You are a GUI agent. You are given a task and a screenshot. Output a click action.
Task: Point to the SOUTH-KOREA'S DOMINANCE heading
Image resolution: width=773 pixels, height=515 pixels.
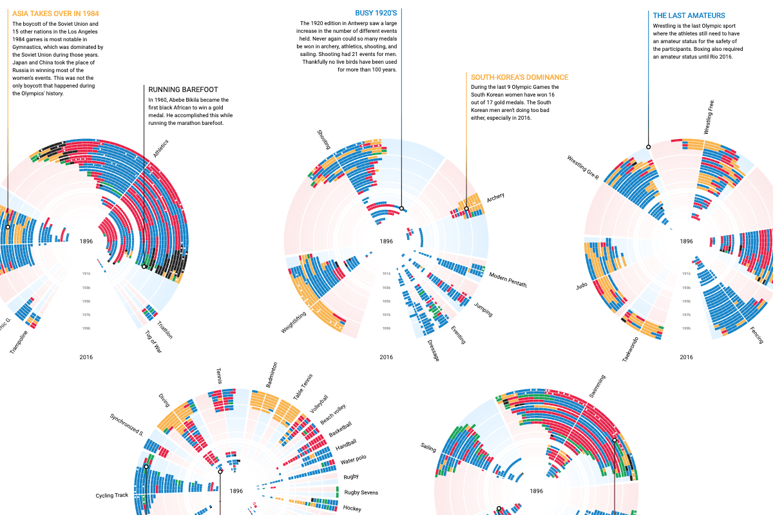click(519, 77)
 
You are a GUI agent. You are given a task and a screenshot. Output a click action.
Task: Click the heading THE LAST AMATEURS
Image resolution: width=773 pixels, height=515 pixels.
click(689, 15)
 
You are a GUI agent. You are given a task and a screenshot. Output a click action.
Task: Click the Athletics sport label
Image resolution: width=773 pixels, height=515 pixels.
click(161, 149)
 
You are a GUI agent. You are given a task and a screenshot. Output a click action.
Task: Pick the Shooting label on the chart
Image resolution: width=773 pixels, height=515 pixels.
click(324, 139)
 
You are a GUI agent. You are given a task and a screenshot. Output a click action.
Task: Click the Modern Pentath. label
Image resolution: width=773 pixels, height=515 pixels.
click(508, 279)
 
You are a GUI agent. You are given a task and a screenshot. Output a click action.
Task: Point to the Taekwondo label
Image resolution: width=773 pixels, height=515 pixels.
click(631, 348)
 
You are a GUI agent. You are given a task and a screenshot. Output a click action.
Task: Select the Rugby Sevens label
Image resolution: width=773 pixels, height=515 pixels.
click(361, 492)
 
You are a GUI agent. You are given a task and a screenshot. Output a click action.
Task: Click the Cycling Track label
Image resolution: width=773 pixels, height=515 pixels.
click(113, 496)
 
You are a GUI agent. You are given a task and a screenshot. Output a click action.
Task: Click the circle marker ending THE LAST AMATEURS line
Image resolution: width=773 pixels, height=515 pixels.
click(649, 147)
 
